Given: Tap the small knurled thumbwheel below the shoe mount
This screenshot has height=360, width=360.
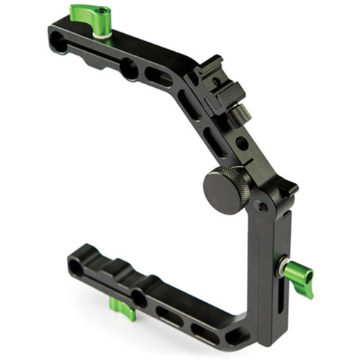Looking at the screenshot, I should click(243, 113).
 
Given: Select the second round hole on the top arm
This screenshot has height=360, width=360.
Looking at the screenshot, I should click(129, 68).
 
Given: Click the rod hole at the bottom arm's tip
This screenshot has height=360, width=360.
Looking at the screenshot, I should click(76, 267).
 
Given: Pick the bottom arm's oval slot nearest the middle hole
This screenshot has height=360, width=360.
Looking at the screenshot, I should click(170, 315).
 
